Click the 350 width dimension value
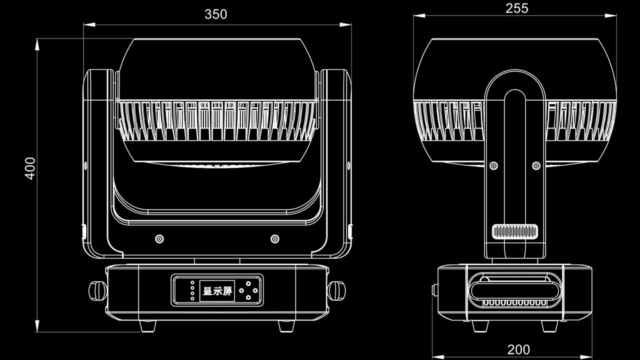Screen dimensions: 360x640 pos(215,14)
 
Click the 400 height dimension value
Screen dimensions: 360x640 pos(30,168)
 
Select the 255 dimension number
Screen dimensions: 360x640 pos(516,8)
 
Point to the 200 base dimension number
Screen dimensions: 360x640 pos(518,349)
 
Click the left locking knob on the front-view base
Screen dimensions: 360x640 pos(97,290)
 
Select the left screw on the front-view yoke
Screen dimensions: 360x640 pos(159,238)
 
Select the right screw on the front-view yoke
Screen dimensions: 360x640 pos(274,238)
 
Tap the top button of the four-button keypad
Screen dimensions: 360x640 pos(248,283)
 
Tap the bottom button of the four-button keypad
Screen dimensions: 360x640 pos(248,297)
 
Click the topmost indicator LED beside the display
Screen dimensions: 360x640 pos(192,282)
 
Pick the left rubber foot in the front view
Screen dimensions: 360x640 pos(148,326)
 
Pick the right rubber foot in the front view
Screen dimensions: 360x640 pos(286,326)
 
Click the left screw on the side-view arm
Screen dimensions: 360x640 pos(493,165)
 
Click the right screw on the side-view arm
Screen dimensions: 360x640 pos(536,165)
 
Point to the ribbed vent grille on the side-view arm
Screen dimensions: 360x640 pos(514,231)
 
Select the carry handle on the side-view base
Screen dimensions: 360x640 pos(514,284)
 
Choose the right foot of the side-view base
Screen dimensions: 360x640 pos(550,326)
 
